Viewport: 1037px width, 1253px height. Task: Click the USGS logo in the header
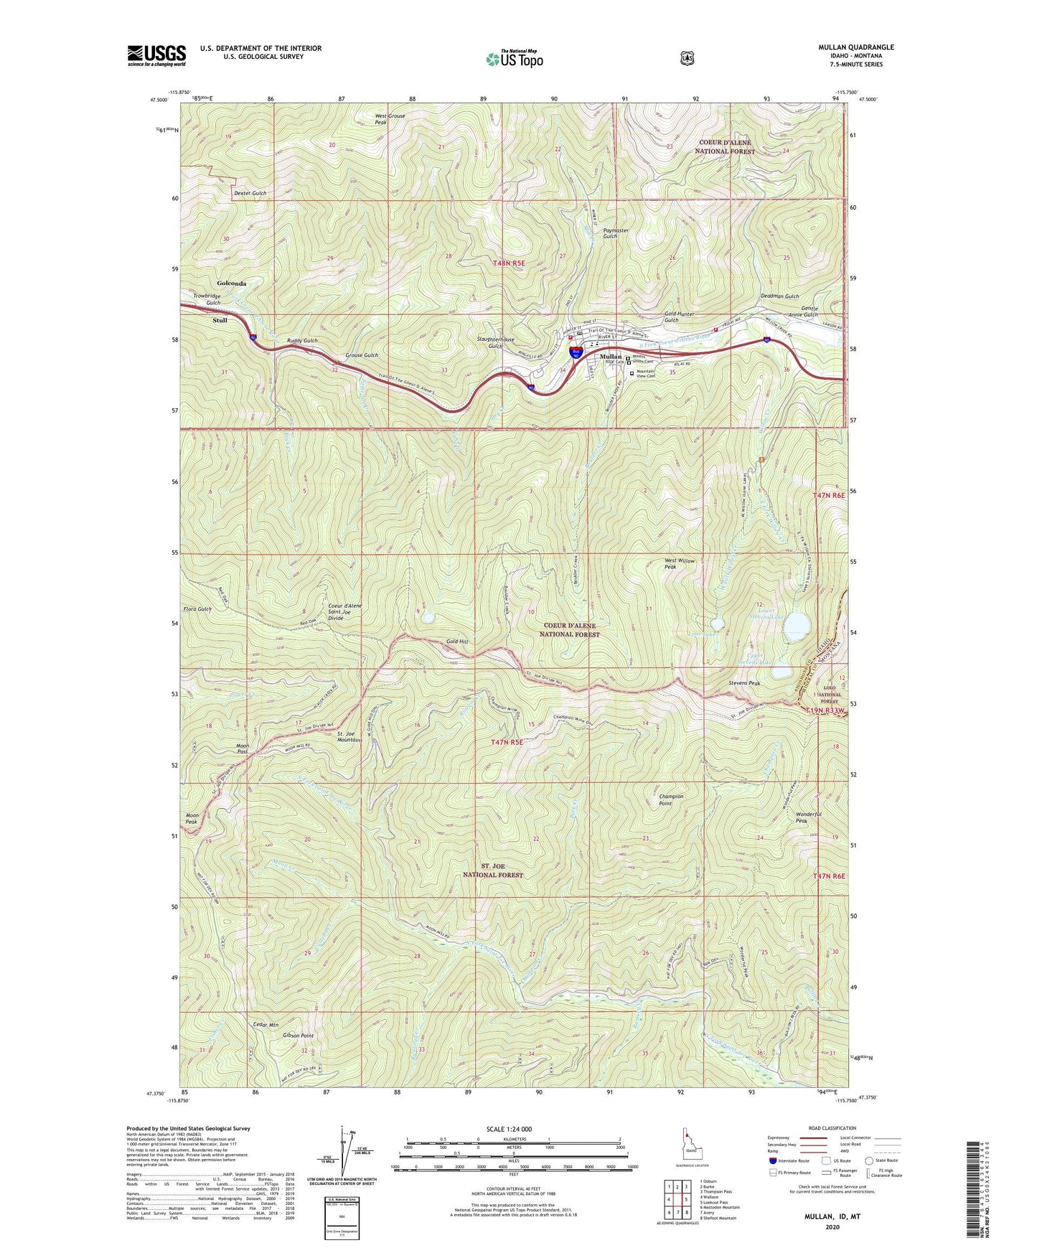tap(156, 55)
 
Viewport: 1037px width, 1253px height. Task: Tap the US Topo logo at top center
tap(513, 59)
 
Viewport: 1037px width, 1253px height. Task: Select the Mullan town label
tap(611, 357)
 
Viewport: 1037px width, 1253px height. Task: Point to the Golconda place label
tap(232, 283)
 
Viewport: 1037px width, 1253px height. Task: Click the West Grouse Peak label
tap(390, 119)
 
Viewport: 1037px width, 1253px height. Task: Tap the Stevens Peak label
tap(743, 683)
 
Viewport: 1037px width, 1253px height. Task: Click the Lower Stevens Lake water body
tap(796, 626)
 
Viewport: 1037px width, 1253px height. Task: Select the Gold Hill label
tap(456, 642)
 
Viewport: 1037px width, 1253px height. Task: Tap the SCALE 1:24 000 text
tap(509, 1129)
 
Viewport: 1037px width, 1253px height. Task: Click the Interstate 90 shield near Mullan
tap(576, 352)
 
